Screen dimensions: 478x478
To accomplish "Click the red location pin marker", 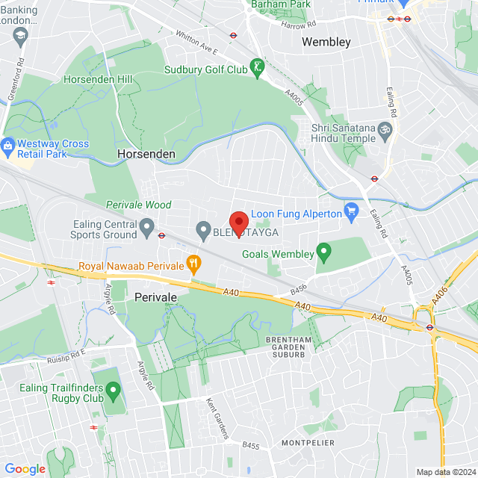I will (238, 223).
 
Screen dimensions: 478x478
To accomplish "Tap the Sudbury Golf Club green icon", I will (258, 69).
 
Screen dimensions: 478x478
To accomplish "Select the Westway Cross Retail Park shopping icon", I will (9, 144).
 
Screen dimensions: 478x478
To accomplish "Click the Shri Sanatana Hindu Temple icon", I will (385, 128).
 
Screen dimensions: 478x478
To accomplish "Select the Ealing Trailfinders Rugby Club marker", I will (113, 390).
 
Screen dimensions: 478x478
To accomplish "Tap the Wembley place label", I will (326, 42).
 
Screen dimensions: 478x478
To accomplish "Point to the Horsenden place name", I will (146, 155).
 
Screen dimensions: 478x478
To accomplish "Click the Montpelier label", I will (308, 443).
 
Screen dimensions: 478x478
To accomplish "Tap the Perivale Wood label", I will (138, 205).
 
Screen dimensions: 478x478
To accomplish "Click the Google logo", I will (25, 468).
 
